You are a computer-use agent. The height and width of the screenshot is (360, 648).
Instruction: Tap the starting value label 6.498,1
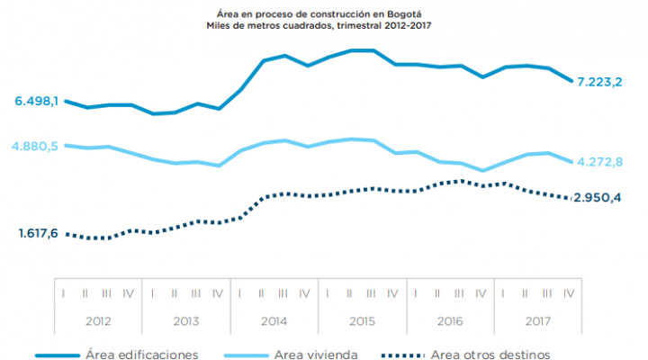tap(36, 102)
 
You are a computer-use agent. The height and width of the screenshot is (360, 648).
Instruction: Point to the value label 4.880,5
tap(36, 146)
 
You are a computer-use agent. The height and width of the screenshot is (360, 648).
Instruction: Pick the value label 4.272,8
tap(600, 162)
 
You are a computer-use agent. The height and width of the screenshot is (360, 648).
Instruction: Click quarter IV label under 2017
tap(569, 292)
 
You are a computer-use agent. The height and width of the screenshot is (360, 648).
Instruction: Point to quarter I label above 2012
tap(65, 292)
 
